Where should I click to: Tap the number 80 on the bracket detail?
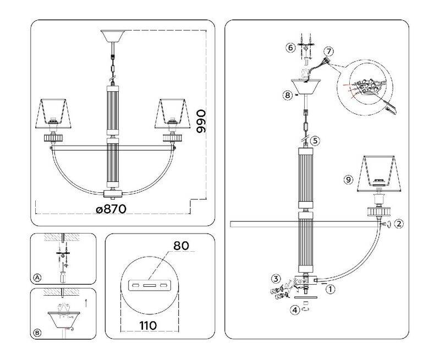(x=180, y=245)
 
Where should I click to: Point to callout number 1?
(x=331, y=287)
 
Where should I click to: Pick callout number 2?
(x=399, y=224)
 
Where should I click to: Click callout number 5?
(x=315, y=141)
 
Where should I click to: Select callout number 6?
(x=290, y=48)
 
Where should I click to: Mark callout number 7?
(x=328, y=51)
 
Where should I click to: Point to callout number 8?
(x=287, y=95)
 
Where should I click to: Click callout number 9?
(x=347, y=179)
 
